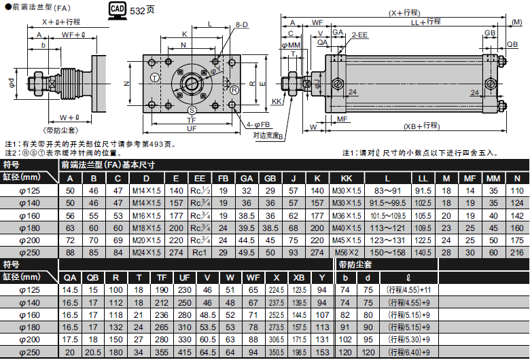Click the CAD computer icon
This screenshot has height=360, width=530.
point(118,9)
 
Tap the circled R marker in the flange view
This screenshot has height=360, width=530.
point(234,90)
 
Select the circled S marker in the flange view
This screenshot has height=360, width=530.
point(192,110)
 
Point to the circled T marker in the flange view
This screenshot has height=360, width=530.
point(154,78)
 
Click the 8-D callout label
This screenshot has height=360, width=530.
point(242,24)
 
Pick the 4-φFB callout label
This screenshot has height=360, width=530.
point(258,125)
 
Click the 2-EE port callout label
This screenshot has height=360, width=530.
point(359,35)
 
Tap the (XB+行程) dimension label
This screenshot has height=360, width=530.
point(421,126)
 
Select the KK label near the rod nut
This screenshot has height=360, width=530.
point(277,101)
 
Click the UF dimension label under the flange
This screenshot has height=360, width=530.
point(192,128)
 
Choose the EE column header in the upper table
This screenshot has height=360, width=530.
point(200,179)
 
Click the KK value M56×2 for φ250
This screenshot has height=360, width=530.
point(347,253)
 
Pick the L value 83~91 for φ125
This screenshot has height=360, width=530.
point(387,191)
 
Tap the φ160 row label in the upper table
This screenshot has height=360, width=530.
point(29,216)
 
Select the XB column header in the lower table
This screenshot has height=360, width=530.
point(299,278)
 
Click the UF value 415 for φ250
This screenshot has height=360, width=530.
point(185,353)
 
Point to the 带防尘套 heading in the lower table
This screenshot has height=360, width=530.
point(355,265)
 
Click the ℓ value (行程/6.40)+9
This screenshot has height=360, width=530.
point(409,353)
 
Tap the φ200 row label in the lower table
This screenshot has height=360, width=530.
point(29,340)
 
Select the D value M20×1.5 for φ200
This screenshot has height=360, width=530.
point(147,240)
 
